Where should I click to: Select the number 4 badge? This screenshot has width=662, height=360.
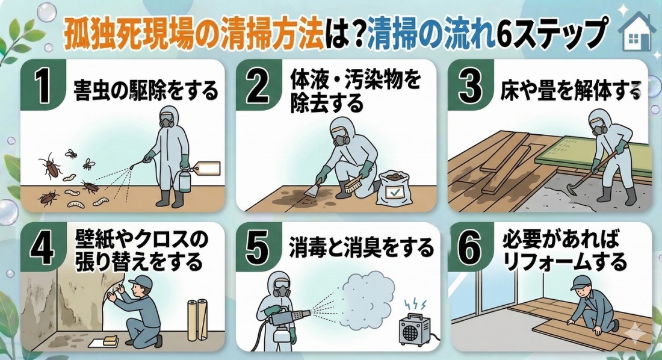43,248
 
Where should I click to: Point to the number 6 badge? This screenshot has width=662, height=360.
469,248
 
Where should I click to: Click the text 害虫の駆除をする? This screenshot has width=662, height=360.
146,90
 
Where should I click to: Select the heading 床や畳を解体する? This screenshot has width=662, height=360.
571,90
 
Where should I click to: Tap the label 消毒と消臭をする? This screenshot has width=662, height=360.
361,247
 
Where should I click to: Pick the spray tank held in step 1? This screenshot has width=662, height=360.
185,179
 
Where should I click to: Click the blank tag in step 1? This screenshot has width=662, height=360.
208,169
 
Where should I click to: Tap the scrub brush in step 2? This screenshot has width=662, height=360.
351,184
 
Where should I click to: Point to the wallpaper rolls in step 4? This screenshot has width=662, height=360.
197,320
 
